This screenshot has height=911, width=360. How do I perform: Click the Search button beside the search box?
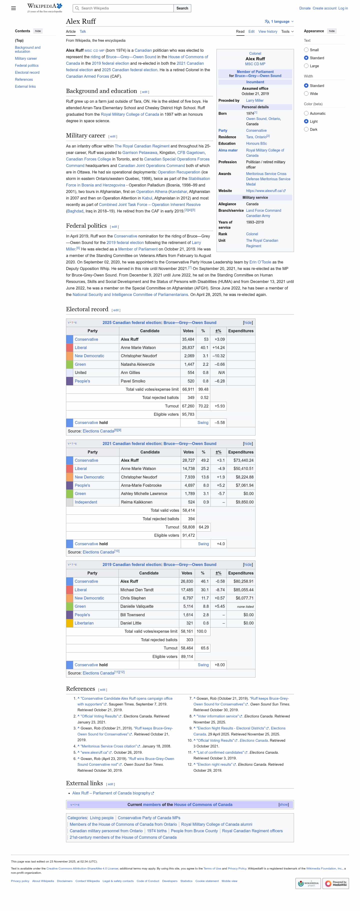[182, 8]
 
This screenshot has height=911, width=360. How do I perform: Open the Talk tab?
[83, 31]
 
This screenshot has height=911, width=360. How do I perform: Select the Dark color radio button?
[306, 129]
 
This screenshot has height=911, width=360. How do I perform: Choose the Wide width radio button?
[306, 94]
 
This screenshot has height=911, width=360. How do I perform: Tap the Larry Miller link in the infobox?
[254, 100]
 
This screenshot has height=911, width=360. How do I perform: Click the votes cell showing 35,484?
[188, 339]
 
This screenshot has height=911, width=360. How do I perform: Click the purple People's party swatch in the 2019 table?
[70, 615]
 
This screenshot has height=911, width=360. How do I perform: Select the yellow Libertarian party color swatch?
[70, 623]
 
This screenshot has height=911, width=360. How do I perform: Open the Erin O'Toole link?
[260, 262]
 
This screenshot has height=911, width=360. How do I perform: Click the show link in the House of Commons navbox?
[283, 804]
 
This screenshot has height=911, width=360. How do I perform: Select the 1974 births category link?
[157, 831]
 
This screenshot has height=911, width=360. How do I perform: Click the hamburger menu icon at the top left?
[13, 8]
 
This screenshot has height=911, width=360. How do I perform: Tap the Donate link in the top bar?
[305, 8]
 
